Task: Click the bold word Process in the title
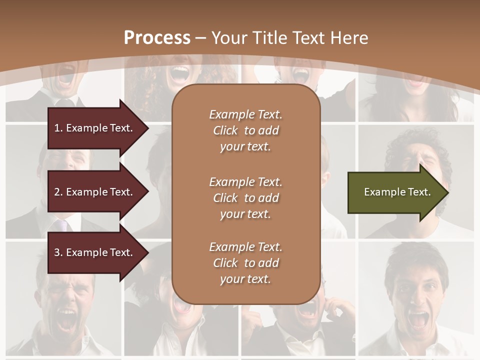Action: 157,37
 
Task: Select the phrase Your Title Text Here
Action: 289,37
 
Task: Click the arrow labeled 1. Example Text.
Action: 95,128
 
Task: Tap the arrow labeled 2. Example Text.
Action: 95,192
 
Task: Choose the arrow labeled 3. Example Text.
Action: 95,252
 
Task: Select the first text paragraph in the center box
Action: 245,130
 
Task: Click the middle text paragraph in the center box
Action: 245,198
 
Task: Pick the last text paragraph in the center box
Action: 245,263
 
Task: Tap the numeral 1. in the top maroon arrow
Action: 58,128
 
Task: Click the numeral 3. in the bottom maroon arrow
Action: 58,252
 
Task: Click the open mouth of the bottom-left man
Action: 67,320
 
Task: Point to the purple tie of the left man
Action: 62,225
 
